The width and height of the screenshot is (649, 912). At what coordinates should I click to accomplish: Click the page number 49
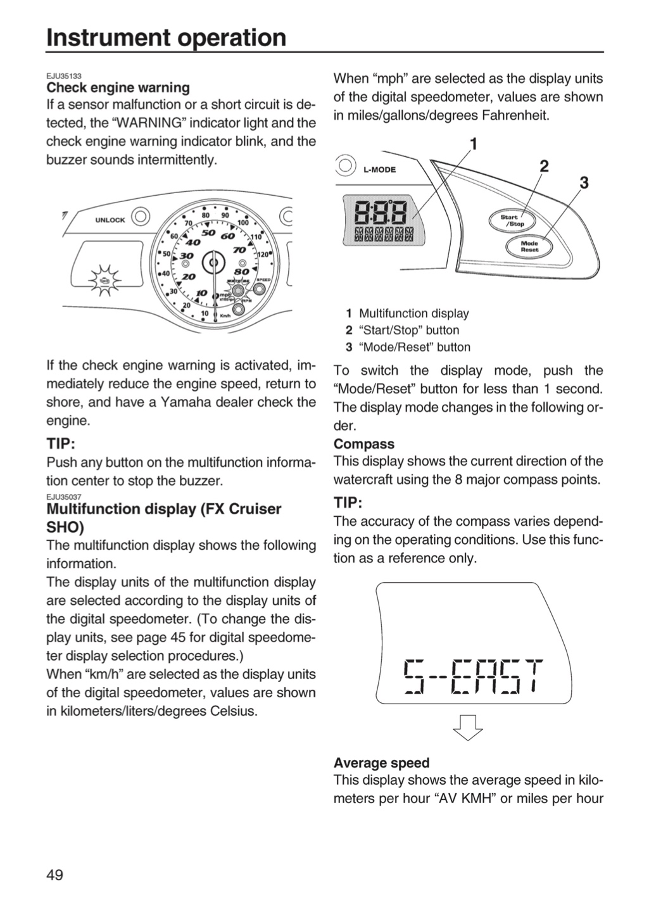point(55,875)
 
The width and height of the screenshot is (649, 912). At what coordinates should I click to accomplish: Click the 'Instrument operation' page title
point(166,37)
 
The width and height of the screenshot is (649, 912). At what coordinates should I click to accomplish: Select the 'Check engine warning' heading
point(118,87)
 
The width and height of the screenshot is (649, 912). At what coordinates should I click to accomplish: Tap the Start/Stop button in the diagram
point(512,220)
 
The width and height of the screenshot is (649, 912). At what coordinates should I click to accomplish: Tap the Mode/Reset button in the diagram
point(529,246)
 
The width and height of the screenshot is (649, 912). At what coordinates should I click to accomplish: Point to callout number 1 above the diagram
point(474,144)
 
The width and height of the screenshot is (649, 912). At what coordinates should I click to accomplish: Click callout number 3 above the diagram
point(584,183)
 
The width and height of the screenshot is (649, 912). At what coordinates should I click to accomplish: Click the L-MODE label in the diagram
point(379,170)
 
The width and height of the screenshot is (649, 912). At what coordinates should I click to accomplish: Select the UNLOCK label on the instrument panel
point(110,220)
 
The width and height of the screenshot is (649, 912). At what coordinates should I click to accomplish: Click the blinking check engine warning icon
point(105,280)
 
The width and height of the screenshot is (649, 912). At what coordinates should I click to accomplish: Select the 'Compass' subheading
point(364,444)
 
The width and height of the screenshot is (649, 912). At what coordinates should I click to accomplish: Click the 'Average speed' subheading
point(382,763)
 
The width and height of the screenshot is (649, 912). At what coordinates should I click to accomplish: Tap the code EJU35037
point(64,497)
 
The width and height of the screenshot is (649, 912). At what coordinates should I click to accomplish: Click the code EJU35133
point(64,76)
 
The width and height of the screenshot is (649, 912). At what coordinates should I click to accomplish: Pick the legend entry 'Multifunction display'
point(413,313)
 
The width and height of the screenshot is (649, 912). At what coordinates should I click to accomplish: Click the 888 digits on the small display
point(381,212)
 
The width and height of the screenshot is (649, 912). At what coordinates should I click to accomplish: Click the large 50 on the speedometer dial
point(208,233)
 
